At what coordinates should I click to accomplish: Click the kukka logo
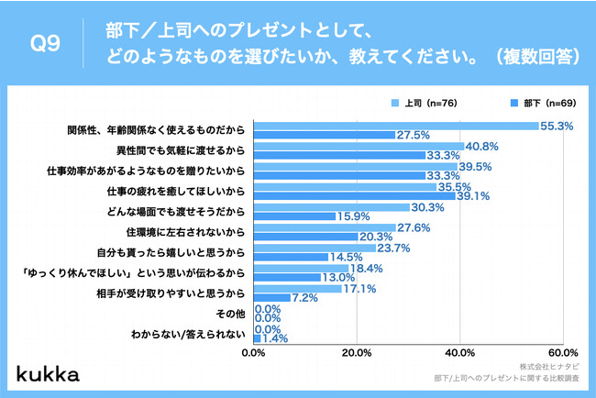pyautogui.click(x=48, y=373)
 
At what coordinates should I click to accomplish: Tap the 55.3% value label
pyautogui.click(x=557, y=125)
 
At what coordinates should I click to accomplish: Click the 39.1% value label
pyautogui.click(x=473, y=195)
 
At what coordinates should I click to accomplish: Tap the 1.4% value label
pyautogui.click(x=275, y=337)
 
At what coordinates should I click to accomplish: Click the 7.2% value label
pyautogui.click(x=305, y=297)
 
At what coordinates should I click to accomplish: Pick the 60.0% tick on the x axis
pyautogui.click(x=561, y=352)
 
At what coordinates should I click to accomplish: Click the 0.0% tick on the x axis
pyautogui.click(x=253, y=352)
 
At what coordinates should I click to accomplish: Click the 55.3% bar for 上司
pyautogui.click(x=394, y=125)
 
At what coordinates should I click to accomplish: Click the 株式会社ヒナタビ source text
pyautogui.click(x=546, y=364)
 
